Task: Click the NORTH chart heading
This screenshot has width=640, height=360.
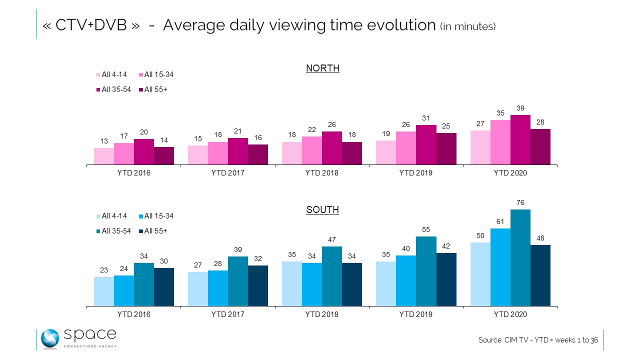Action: tap(322, 68)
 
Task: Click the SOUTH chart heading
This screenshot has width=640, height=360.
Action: tap(322, 210)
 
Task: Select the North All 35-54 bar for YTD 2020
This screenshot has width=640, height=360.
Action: tap(520, 140)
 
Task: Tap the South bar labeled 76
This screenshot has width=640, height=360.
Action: tap(520, 257)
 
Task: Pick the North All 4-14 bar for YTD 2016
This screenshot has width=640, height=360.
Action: tap(104, 156)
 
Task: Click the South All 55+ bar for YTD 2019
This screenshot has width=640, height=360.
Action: tap(446, 279)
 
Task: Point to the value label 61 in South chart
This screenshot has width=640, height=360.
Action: tap(500, 221)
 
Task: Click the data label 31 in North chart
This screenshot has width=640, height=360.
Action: tap(426, 117)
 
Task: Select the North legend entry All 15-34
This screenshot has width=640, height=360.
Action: tap(158, 75)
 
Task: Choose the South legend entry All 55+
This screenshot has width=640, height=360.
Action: tap(155, 231)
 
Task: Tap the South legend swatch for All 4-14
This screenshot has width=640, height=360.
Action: tap(98, 216)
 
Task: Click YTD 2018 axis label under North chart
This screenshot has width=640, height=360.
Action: tap(322, 173)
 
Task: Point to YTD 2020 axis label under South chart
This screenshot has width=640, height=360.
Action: tap(510, 314)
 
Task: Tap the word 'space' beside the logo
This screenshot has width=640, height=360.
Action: tap(90, 334)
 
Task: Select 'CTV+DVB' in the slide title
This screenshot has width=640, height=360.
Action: tap(91, 25)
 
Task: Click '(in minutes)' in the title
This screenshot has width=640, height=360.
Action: tap(468, 26)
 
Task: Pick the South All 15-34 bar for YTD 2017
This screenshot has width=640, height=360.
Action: tap(218, 288)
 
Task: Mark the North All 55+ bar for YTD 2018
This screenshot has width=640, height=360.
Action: tap(352, 153)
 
